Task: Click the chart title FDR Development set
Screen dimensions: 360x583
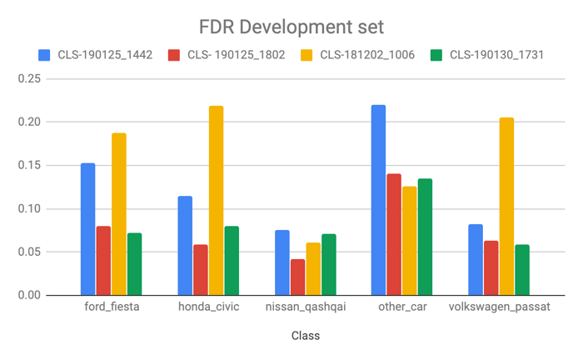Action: click(x=291, y=27)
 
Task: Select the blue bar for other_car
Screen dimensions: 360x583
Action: click(x=378, y=200)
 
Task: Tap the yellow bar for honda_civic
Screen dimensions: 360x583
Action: click(x=217, y=200)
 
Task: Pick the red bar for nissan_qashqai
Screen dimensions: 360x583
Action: click(x=297, y=277)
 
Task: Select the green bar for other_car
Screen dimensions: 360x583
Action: click(x=425, y=237)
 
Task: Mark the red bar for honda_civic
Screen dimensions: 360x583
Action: click(x=201, y=269)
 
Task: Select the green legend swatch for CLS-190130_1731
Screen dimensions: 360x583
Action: click(x=436, y=56)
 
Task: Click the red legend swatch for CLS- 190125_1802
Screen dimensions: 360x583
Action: click(x=174, y=56)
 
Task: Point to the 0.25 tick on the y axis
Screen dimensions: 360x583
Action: click(x=30, y=79)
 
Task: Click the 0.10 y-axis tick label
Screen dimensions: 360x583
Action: click(x=30, y=208)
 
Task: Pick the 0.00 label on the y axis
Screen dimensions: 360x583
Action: click(x=30, y=295)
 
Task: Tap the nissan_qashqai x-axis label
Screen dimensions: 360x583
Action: click(x=305, y=307)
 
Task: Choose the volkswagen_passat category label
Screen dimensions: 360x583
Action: click(x=498, y=307)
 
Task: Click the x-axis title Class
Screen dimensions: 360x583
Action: click(x=305, y=336)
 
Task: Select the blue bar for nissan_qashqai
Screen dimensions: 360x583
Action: click(x=282, y=262)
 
